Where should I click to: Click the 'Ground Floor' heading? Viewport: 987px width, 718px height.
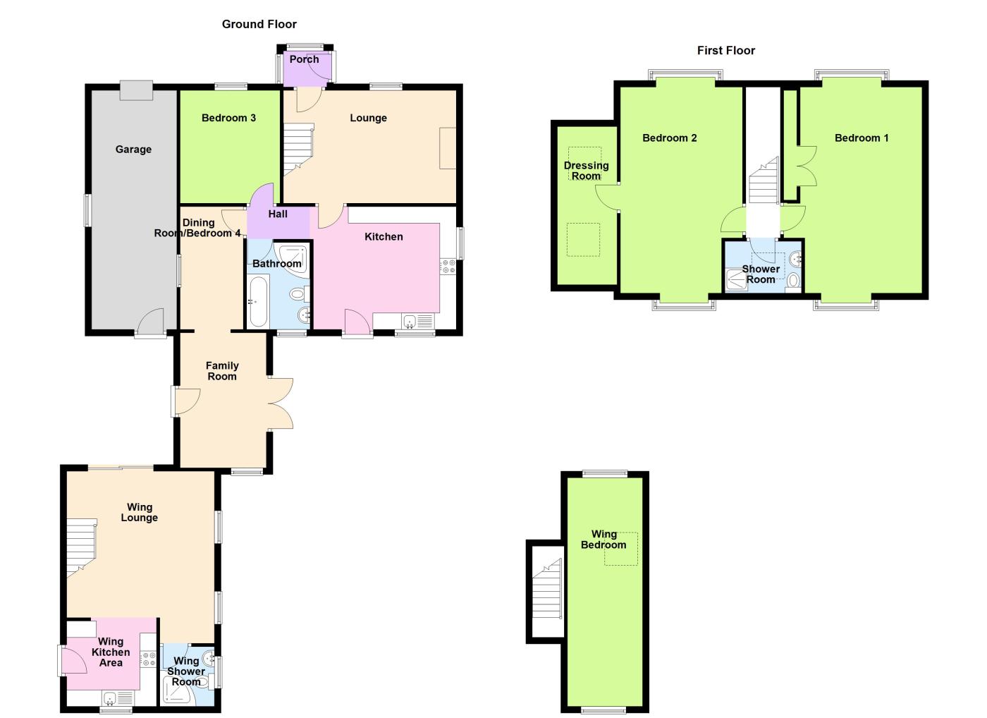[259, 24]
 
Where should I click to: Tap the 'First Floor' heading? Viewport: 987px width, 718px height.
[725, 50]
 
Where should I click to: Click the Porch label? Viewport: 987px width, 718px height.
[304, 59]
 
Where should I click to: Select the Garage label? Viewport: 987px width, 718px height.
[133, 150]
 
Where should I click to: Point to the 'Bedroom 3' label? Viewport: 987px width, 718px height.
[228, 118]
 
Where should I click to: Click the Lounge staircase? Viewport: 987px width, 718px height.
[298, 150]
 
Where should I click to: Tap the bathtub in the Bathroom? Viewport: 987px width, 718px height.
[258, 301]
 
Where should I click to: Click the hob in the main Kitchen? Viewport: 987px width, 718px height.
[448, 267]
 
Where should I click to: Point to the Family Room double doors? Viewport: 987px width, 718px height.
[281, 403]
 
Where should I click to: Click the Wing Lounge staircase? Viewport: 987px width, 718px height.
[81, 547]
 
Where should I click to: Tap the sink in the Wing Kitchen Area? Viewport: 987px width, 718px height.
[111, 698]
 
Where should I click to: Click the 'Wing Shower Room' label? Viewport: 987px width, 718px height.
[186, 671]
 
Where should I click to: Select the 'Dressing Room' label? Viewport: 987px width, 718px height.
[586, 171]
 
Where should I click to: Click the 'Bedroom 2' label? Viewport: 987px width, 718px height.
[669, 138]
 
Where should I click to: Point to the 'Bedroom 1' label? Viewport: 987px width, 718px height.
[862, 138]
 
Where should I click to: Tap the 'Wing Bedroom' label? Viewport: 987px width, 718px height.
[603, 540]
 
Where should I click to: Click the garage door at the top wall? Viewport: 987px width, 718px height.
[136, 90]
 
